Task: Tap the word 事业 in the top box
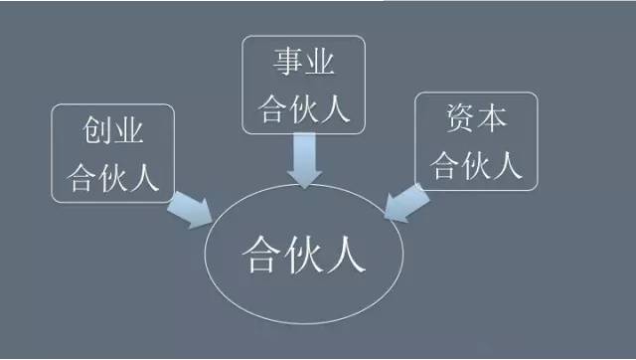[302, 65]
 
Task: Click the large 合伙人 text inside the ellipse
[304, 255]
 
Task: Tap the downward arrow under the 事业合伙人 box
[303, 160]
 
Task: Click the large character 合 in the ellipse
[260, 255]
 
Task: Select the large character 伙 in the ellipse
[304, 255]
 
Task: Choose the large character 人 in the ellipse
[348, 255]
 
